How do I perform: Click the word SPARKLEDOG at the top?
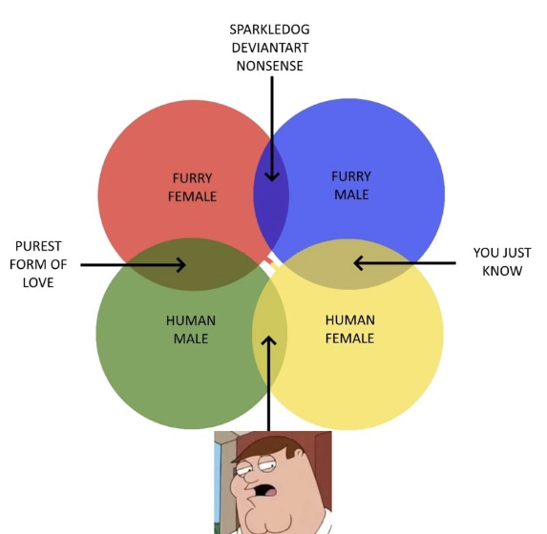[269, 30]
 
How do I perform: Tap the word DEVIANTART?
[269, 48]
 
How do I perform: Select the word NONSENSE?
[269, 66]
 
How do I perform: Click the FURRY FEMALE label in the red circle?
[192, 187]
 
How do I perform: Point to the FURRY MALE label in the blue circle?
[351, 185]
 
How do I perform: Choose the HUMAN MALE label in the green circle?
[191, 329]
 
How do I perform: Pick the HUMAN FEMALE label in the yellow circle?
[350, 329]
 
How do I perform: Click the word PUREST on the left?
[38, 246]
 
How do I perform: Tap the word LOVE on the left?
[38, 282]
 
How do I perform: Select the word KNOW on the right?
[502, 271]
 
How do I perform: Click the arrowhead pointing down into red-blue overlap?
[272, 176]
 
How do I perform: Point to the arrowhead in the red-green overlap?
[181, 265]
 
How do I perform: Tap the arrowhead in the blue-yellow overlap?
[358, 263]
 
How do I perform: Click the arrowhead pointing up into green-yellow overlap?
[268, 340]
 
